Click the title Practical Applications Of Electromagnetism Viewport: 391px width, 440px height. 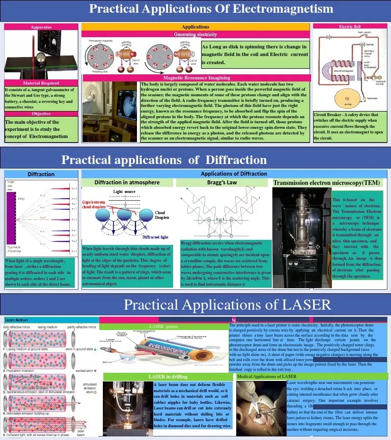(x=211, y=9)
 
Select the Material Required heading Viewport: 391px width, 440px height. (x=41, y=83)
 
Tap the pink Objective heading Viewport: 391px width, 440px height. (x=41, y=114)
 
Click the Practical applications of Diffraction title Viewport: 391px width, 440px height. (x=164, y=160)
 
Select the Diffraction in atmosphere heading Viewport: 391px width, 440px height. (x=127, y=182)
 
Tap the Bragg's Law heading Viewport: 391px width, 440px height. (x=222, y=182)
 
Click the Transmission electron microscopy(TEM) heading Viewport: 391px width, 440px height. (x=327, y=183)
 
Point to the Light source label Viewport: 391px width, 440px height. (x=124, y=192)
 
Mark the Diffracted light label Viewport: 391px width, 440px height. (x=156, y=237)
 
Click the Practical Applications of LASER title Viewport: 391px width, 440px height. (x=228, y=305)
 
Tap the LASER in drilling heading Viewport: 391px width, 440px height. (x=168, y=376)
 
